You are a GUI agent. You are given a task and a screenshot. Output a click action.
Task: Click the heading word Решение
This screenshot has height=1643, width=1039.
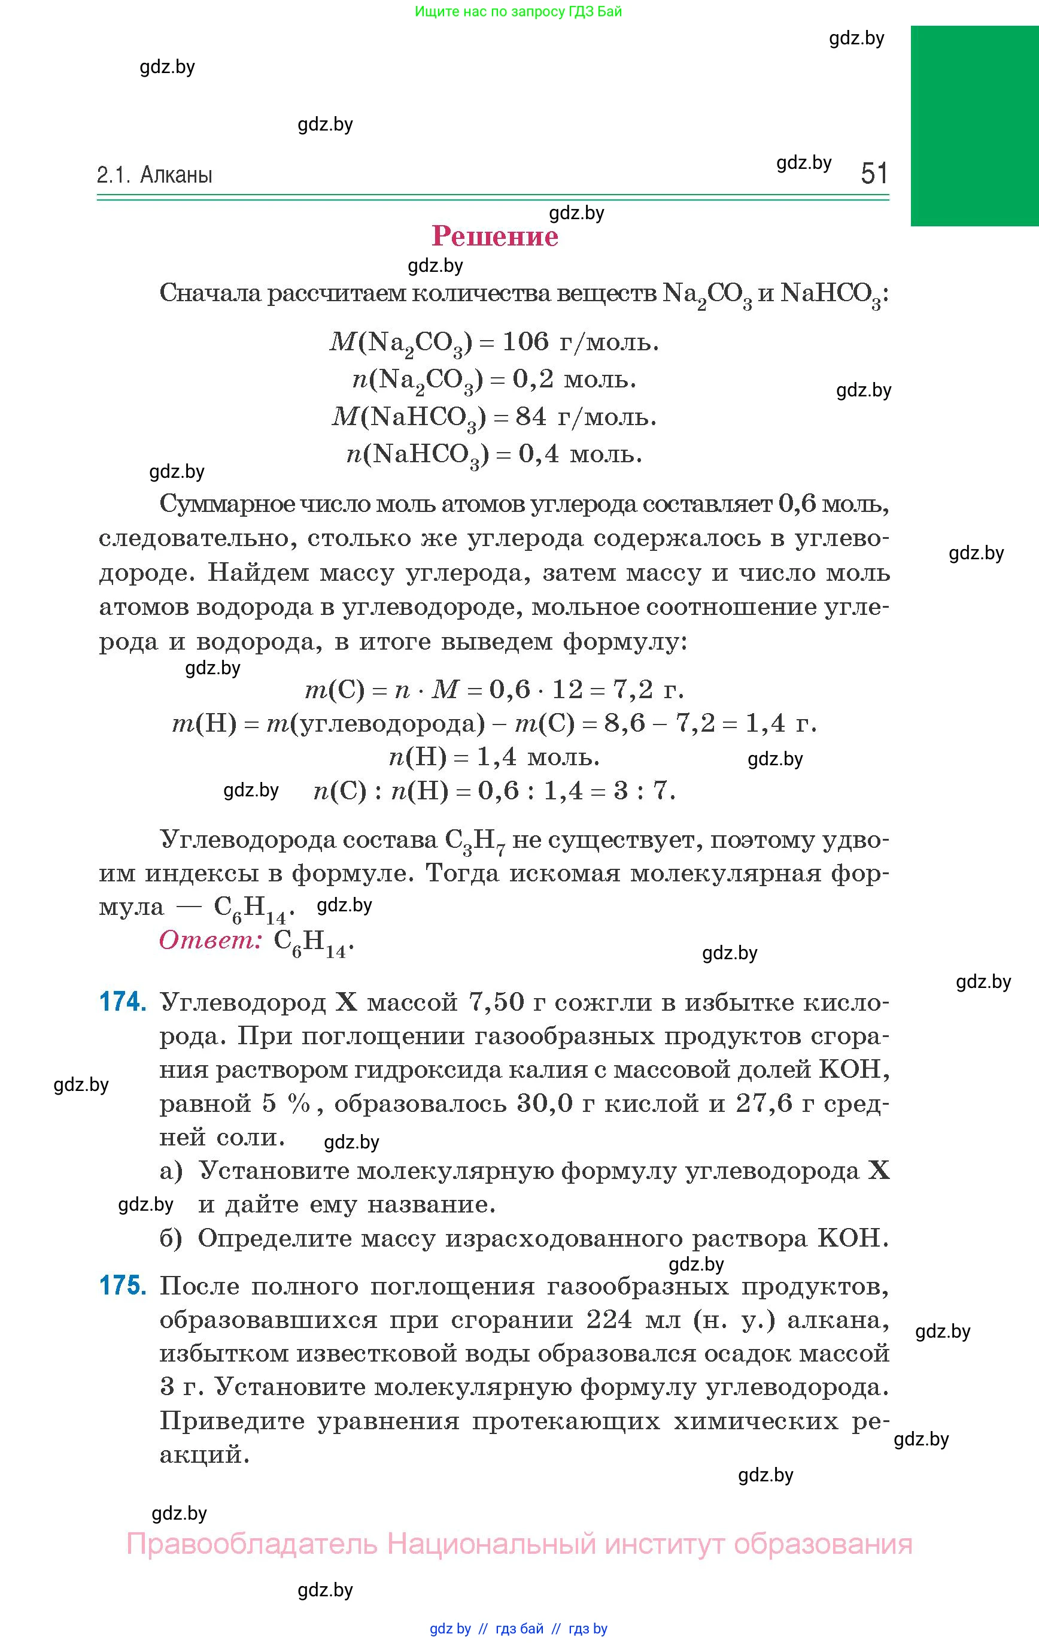[496, 237]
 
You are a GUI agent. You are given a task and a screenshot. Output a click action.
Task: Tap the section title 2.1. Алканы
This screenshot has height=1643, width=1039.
[155, 175]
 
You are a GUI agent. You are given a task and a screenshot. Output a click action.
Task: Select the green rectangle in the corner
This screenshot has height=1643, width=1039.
[974, 126]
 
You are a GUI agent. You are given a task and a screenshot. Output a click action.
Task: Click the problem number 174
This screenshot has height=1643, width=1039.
[123, 1002]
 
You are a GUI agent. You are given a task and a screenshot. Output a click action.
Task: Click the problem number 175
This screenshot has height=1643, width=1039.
[123, 1286]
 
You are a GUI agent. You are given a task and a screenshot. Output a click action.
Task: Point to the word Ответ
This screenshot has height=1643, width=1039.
[211, 940]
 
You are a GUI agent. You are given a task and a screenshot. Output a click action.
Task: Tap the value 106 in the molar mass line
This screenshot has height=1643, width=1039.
[525, 341]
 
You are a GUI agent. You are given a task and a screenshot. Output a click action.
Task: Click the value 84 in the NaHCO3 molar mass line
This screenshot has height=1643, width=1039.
[531, 416]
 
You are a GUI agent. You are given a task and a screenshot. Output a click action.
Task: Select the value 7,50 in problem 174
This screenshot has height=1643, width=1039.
[496, 1002]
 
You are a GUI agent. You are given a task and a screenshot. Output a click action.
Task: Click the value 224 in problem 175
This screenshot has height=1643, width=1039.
[609, 1320]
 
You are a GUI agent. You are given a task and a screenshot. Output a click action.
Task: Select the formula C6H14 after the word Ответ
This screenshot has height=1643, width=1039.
[311, 942]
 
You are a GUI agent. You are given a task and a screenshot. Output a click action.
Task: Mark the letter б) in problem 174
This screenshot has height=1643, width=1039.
[171, 1238]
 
